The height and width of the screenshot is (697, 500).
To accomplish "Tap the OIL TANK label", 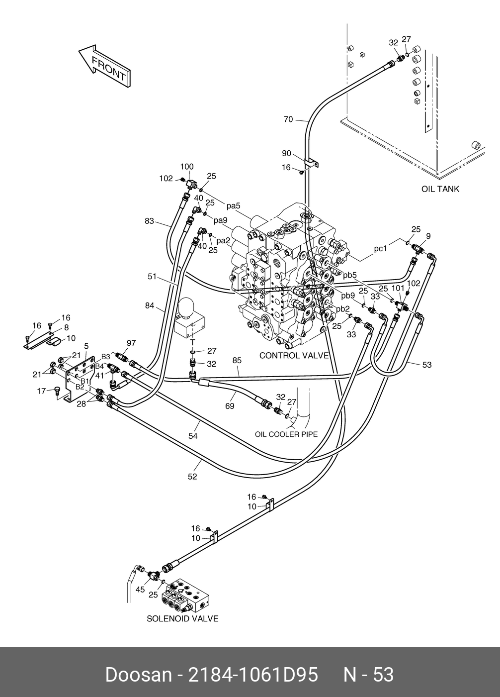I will point(440,189).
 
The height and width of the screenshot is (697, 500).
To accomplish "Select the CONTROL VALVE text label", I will point(294,356).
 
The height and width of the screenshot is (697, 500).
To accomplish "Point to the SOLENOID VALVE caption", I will point(182,619).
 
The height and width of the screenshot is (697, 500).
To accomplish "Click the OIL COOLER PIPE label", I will point(286,434).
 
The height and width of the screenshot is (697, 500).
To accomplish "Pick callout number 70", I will point(288,119).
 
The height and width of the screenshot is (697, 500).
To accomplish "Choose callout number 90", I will point(286,153).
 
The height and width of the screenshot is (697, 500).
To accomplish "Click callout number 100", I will point(187,167).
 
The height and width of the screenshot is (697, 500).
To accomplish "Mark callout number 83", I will point(150,221).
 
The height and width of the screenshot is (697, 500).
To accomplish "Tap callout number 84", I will point(150,305).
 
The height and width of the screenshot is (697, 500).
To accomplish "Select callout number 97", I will point(131,343).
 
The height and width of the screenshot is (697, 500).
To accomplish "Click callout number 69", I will point(230,406).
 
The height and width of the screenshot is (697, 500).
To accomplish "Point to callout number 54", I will point(193,436).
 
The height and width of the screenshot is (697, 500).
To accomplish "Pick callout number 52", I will point(192,477).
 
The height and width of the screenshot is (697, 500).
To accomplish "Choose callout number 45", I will point(140,590).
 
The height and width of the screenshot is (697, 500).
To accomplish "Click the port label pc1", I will point(380,249).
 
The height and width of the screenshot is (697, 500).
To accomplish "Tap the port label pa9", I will point(221,220).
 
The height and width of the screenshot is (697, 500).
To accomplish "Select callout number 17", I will point(42,391).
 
